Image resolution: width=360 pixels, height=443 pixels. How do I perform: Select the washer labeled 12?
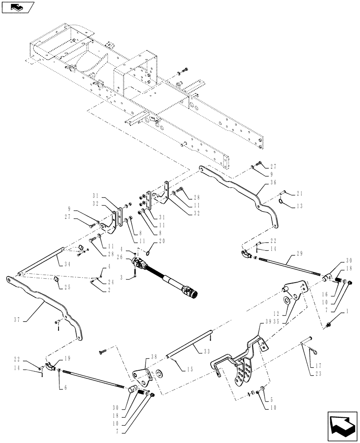(x=286, y=301)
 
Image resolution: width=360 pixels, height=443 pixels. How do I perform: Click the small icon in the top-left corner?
(x=18, y=7)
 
